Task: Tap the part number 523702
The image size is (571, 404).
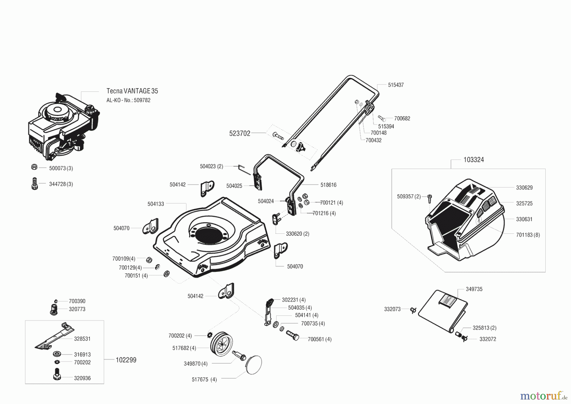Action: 240,133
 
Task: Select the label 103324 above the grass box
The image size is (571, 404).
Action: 474,160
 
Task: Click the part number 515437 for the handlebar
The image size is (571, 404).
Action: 396,85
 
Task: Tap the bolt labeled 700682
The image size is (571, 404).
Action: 382,118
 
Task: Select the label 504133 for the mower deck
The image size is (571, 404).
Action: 156,204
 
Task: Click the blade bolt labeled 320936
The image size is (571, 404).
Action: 57,374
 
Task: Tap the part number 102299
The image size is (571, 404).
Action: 126,360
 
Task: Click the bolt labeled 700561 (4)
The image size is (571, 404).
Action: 292,335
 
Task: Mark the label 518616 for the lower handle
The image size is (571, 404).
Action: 328,185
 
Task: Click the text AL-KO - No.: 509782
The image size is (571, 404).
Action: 128,100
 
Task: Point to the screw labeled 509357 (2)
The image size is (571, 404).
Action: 429,198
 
